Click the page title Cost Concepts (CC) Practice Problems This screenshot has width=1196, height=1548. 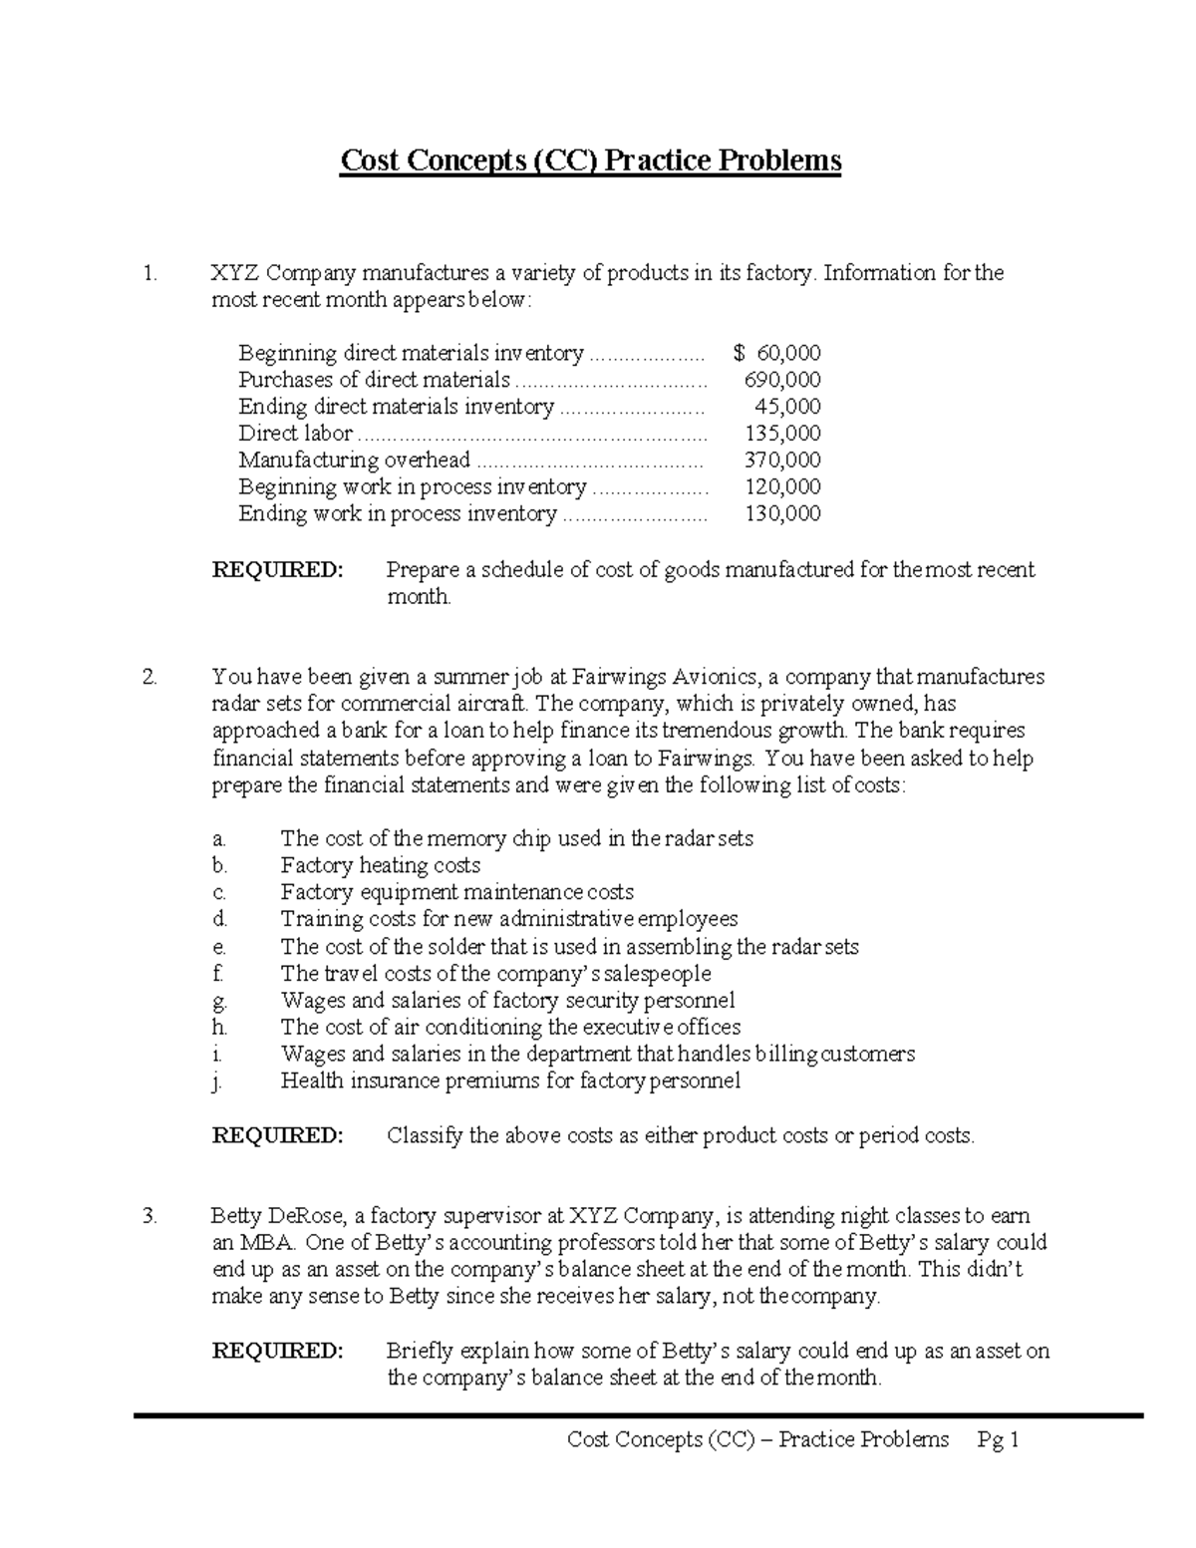click(x=591, y=160)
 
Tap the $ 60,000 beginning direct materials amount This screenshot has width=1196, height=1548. click(x=776, y=353)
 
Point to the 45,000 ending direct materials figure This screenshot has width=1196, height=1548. click(x=786, y=407)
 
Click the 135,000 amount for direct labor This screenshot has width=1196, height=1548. click(x=782, y=434)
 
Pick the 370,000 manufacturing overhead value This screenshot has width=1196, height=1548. click(x=782, y=461)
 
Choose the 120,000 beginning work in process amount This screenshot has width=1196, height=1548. click(x=782, y=487)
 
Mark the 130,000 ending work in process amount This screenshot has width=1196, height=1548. click(x=782, y=514)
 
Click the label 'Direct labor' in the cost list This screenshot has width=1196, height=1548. click(x=295, y=434)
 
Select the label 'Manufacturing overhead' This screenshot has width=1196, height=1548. click(x=354, y=461)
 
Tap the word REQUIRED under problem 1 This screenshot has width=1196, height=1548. click(x=277, y=570)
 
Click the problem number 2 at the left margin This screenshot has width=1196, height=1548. click(x=149, y=678)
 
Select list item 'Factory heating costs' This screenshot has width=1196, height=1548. click(x=380, y=865)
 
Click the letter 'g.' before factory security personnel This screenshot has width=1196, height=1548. click(x=220, y=1001)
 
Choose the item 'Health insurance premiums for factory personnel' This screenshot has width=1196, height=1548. click(x=510, y=1082)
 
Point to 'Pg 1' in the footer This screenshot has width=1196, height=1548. click(x=1000, y=1439)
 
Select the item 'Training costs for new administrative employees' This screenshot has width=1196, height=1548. click(x=508, y=919)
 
